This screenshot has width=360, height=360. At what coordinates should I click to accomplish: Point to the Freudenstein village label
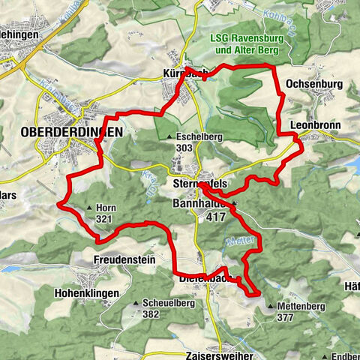[x=124, y=259]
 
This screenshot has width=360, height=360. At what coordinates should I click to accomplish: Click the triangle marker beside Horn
[x=89, y=208]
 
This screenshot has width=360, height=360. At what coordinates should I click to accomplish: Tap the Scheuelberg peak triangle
[x=136, y=303]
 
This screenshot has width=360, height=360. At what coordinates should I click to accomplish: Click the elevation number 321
[x=104, y=219]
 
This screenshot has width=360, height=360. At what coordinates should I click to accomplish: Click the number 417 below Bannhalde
[x=215, y=216]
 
